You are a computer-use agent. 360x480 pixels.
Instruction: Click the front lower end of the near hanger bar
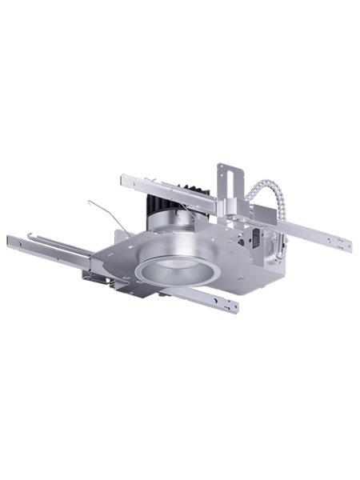point(234,306)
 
